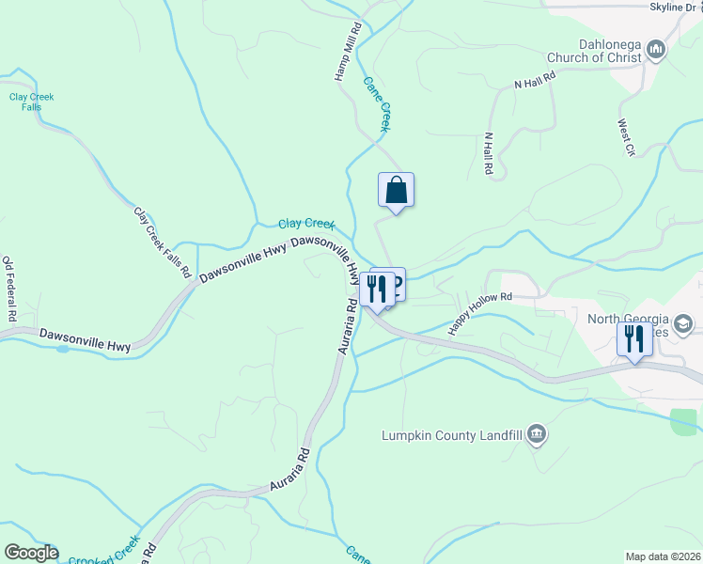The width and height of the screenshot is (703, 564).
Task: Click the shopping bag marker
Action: pyautogui.click(x=396, y=190)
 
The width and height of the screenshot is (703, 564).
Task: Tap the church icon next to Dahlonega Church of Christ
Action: pyautogui.click(x=656, y=49)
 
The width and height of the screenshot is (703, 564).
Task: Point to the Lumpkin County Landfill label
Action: pyautogui.click(x=451, y=435)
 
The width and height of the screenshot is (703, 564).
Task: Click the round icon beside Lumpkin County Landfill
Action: pyautogui.click(x=537, y=434)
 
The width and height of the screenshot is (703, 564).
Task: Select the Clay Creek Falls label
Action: pyautogui.click(x=32, y=102)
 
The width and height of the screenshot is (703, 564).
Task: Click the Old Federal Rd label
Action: pyautogui.click(x=8, y=290)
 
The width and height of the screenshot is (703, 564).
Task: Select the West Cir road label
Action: pyautogui.click(x=627, y=135)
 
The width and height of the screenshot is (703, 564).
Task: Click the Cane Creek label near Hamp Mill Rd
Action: pyautogui.click(x=376, y=102)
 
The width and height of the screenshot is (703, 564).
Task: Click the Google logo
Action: pyautogui.click(x=30, y=553)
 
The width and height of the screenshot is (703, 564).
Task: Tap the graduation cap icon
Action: pyautogui.click(x=683, y=325)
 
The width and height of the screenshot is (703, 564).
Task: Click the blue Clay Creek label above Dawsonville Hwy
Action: pyautogui.click(x=306, y=224)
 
